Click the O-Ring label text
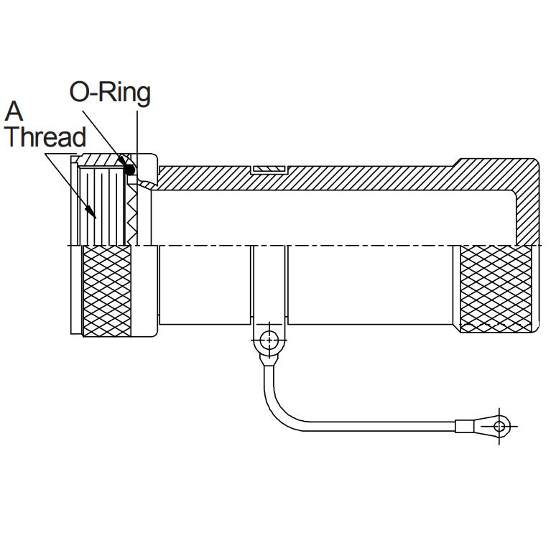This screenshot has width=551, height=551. click(x=110, y=93)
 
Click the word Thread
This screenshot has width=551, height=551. click(x=45, y=136)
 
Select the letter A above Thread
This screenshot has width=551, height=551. click(x=14, y=112)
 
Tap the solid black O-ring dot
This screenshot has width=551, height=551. click(x=130, y=170)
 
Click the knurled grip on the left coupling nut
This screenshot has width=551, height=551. click(x=107, y=290)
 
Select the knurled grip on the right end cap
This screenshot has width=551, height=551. click(x=496, y=289)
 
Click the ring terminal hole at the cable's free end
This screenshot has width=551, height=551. click(x=501, y=426)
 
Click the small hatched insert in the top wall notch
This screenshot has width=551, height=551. click(x=269, y=170)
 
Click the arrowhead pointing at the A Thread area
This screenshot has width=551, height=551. click(x=93, y=210)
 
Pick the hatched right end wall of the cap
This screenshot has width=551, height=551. click(x=526, y=208)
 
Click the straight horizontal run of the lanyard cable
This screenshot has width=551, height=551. click(x=381, y=429)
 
